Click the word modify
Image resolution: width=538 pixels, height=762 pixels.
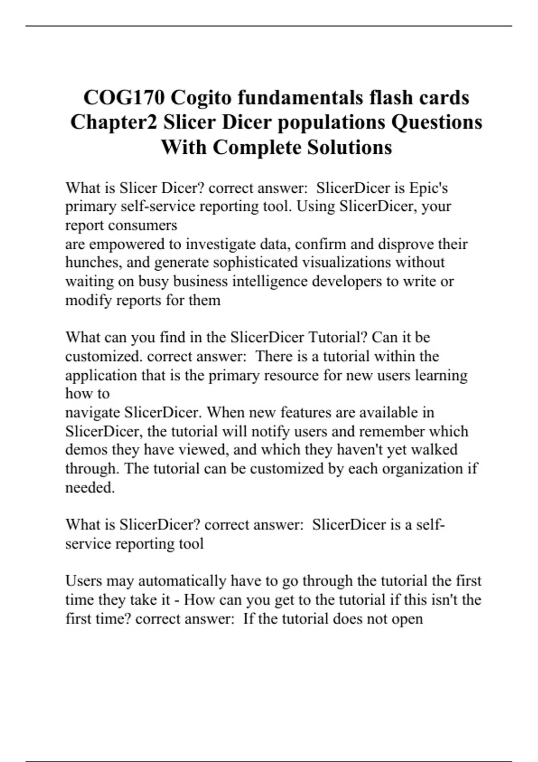89,300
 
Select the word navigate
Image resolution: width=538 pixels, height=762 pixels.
92,412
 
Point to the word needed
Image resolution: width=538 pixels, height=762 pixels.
90,487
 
